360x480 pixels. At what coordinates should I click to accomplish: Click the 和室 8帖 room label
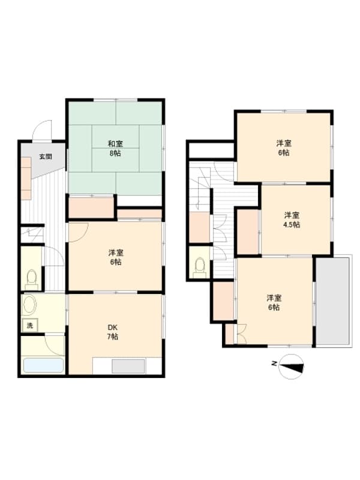coord(115,148)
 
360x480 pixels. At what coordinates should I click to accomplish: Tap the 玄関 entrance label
coord(45,157)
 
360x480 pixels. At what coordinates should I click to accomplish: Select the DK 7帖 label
coord(112,332)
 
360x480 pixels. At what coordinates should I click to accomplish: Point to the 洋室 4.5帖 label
coord(292,220)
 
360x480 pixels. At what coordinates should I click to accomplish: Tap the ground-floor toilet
coord(31,278)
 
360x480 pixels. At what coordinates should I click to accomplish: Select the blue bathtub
coord(43,365)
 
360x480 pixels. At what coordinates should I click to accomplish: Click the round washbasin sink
coord(29,305)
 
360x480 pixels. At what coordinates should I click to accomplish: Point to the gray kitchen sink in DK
coord(128,366)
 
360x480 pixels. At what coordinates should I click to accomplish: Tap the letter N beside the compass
coord(273,364)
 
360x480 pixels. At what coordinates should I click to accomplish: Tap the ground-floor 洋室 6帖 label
coord(115,257)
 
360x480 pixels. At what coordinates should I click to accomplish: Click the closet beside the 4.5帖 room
coord(248,231)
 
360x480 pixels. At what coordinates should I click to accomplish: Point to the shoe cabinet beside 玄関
coord(27,178)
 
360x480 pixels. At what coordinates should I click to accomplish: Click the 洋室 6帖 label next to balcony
coord(274,302)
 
